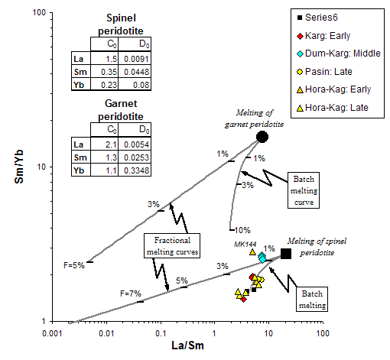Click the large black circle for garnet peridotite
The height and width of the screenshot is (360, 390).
pos(262,137)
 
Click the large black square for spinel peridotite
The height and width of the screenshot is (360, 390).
pos(286,254)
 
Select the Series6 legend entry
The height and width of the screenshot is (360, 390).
pos(318,18)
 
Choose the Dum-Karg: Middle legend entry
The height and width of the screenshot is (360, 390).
pos(339,54)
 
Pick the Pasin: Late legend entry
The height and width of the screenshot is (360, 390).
pos(325,72)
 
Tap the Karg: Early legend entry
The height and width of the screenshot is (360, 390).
pos(323,36)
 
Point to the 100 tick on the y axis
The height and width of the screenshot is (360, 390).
pos(39,12)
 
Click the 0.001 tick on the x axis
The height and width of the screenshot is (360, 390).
pos(52,333)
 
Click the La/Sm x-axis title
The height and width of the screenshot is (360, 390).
pos(187,345)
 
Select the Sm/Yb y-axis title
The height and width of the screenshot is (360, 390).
pos(19,167)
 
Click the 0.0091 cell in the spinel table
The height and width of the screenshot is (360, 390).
pos(135,59)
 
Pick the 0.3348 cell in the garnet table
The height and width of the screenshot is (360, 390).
pos(135,170)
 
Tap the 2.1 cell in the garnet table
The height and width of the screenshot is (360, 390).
pos(105,144)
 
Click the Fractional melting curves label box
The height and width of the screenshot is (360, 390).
pos(172,246)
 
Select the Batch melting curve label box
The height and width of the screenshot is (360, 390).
pos(304,190)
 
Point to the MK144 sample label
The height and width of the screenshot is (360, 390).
pos(245,245)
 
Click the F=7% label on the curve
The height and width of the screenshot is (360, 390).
pos(131,294)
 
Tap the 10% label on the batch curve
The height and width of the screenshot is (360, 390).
pos(242,230)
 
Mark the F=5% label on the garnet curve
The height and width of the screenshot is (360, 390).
pos(74,265)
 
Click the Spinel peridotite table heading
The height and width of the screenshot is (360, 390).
pos(121,24)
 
